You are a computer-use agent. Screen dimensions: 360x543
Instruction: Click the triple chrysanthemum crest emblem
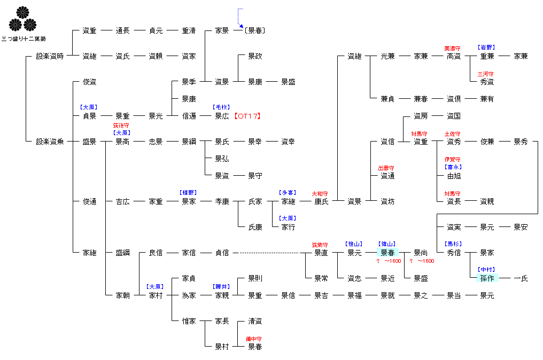click(22, 19)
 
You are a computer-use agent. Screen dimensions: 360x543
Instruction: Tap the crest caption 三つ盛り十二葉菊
click(23, 39)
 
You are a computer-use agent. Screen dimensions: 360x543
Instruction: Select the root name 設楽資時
click(50, 56)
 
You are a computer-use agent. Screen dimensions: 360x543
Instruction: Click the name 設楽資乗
click(50, 142)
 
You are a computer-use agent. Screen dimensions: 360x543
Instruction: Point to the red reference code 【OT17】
click(247, 116)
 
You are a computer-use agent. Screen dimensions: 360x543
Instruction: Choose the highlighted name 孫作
click(487, 278)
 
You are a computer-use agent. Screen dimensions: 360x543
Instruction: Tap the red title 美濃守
click(453, 49)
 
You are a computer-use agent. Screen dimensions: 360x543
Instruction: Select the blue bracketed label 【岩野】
click(486, 48)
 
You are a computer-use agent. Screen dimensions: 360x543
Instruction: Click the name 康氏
click(321, 201)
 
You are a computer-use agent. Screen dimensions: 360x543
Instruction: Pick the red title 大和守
click(320, 193)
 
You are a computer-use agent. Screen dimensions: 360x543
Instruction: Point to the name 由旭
click(454, 176)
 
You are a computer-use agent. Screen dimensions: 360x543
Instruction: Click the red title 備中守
click(254, 339)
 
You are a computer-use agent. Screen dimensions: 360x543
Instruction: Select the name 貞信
click(222, 253)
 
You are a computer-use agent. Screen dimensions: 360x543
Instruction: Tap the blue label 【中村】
click(486, 270)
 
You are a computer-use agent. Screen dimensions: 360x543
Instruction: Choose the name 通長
click(122, 30)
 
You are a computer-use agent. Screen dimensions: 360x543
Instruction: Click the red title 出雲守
click(386, 168)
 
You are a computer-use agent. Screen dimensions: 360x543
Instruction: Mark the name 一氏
click(520, 278)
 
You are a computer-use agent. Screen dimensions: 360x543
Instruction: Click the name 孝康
click(222, 201)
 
